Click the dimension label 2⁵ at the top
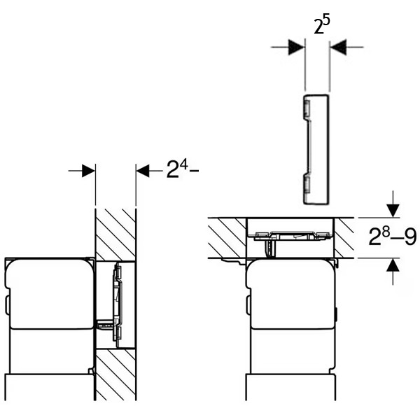(x=322, y=25)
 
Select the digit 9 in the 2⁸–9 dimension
(x=410, y=237)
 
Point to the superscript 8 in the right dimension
(x=386, y=232)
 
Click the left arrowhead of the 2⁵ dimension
(x=297, y=47)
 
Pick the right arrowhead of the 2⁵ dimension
(x=338, y=47)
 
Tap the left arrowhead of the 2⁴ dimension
(x=88, y=171)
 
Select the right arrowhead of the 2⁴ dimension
(x=143, y=171)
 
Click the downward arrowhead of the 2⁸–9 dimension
(x=393, y=211)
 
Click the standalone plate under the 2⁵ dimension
(x=316, y=149)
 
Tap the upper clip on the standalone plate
(x=307, y=108)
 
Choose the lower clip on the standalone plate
(x=307, y=185)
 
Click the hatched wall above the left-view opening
(x=115, y=234)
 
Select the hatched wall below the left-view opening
(x=115, y=374)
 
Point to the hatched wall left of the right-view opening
(x=227, y=238)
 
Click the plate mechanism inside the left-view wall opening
(x=118, y=302)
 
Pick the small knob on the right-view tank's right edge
(x=337, y=314)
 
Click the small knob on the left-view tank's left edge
(x=7, y=304)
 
